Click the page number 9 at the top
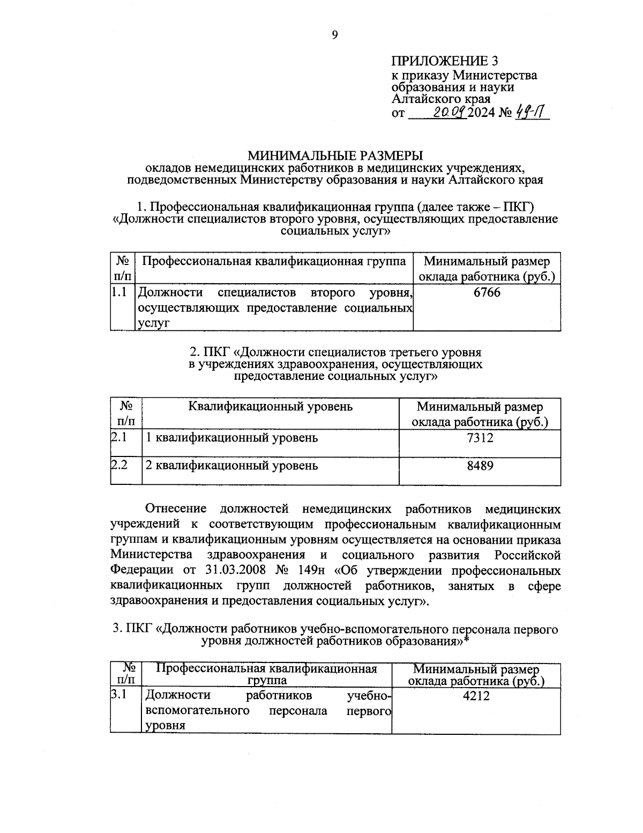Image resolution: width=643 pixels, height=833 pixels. click(x=335, y=35)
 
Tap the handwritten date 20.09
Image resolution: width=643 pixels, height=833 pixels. click(x=448, y=113)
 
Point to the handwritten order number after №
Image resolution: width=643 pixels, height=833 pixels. click(x=531, y=113)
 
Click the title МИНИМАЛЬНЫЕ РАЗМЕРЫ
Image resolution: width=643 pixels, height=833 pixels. click(x=335, y=156)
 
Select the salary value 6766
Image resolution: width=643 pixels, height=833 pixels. click(x=487, y=292)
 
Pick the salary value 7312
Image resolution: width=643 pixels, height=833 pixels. click(x=480, y=438)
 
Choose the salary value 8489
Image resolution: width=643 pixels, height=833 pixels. click(x=480, y=466)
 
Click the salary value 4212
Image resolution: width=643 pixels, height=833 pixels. click(x=476, y=696)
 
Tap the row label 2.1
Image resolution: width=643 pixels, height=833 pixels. click(x=118, y=438)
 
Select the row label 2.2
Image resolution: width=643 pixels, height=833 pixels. click(x=118, y=466)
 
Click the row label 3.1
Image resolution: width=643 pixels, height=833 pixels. click(x=118, y=696)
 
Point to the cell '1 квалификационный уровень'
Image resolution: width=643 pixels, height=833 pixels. click(x=232, y=438)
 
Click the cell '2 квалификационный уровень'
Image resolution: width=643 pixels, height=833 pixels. click(x=232, y=466)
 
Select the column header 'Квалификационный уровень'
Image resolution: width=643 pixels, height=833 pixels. click(x=271, y=406)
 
